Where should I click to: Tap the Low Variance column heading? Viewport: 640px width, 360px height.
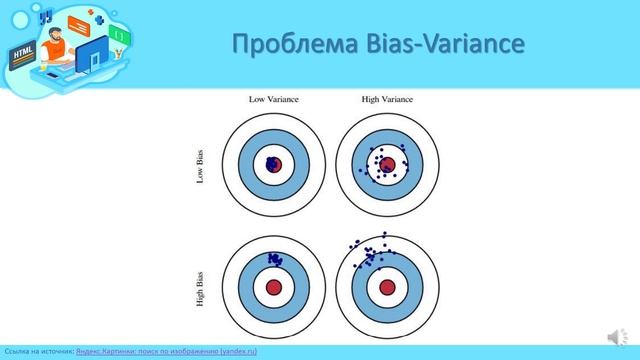[274, 99]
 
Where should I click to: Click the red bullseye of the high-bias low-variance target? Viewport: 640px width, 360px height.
[274, 287]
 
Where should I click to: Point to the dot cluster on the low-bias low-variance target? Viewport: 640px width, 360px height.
[270, 163]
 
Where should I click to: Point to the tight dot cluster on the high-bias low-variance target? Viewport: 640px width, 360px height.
[273, 259]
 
